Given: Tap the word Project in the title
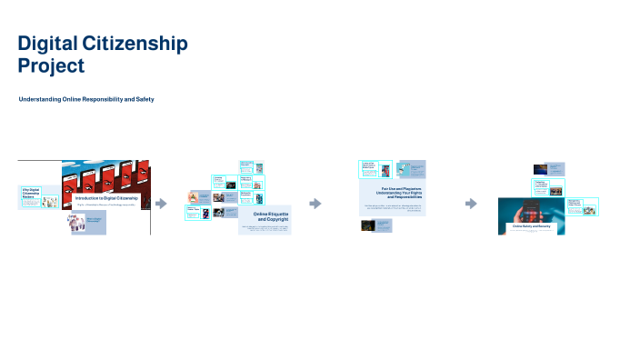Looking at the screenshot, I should click(x=51, y=65).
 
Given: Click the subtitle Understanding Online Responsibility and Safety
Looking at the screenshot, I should click(x=86, y=98).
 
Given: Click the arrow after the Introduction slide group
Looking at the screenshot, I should click(x=162, y=204).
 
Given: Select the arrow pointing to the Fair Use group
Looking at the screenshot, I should click(x=315, y=204).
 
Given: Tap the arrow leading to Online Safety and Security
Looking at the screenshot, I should click(x=471, y=204).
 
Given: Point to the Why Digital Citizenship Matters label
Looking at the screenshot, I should click(x=31, y=193).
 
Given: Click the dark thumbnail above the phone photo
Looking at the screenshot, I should click(x=540, y=168).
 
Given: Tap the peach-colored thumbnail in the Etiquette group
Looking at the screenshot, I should click(x=194, y=196).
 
